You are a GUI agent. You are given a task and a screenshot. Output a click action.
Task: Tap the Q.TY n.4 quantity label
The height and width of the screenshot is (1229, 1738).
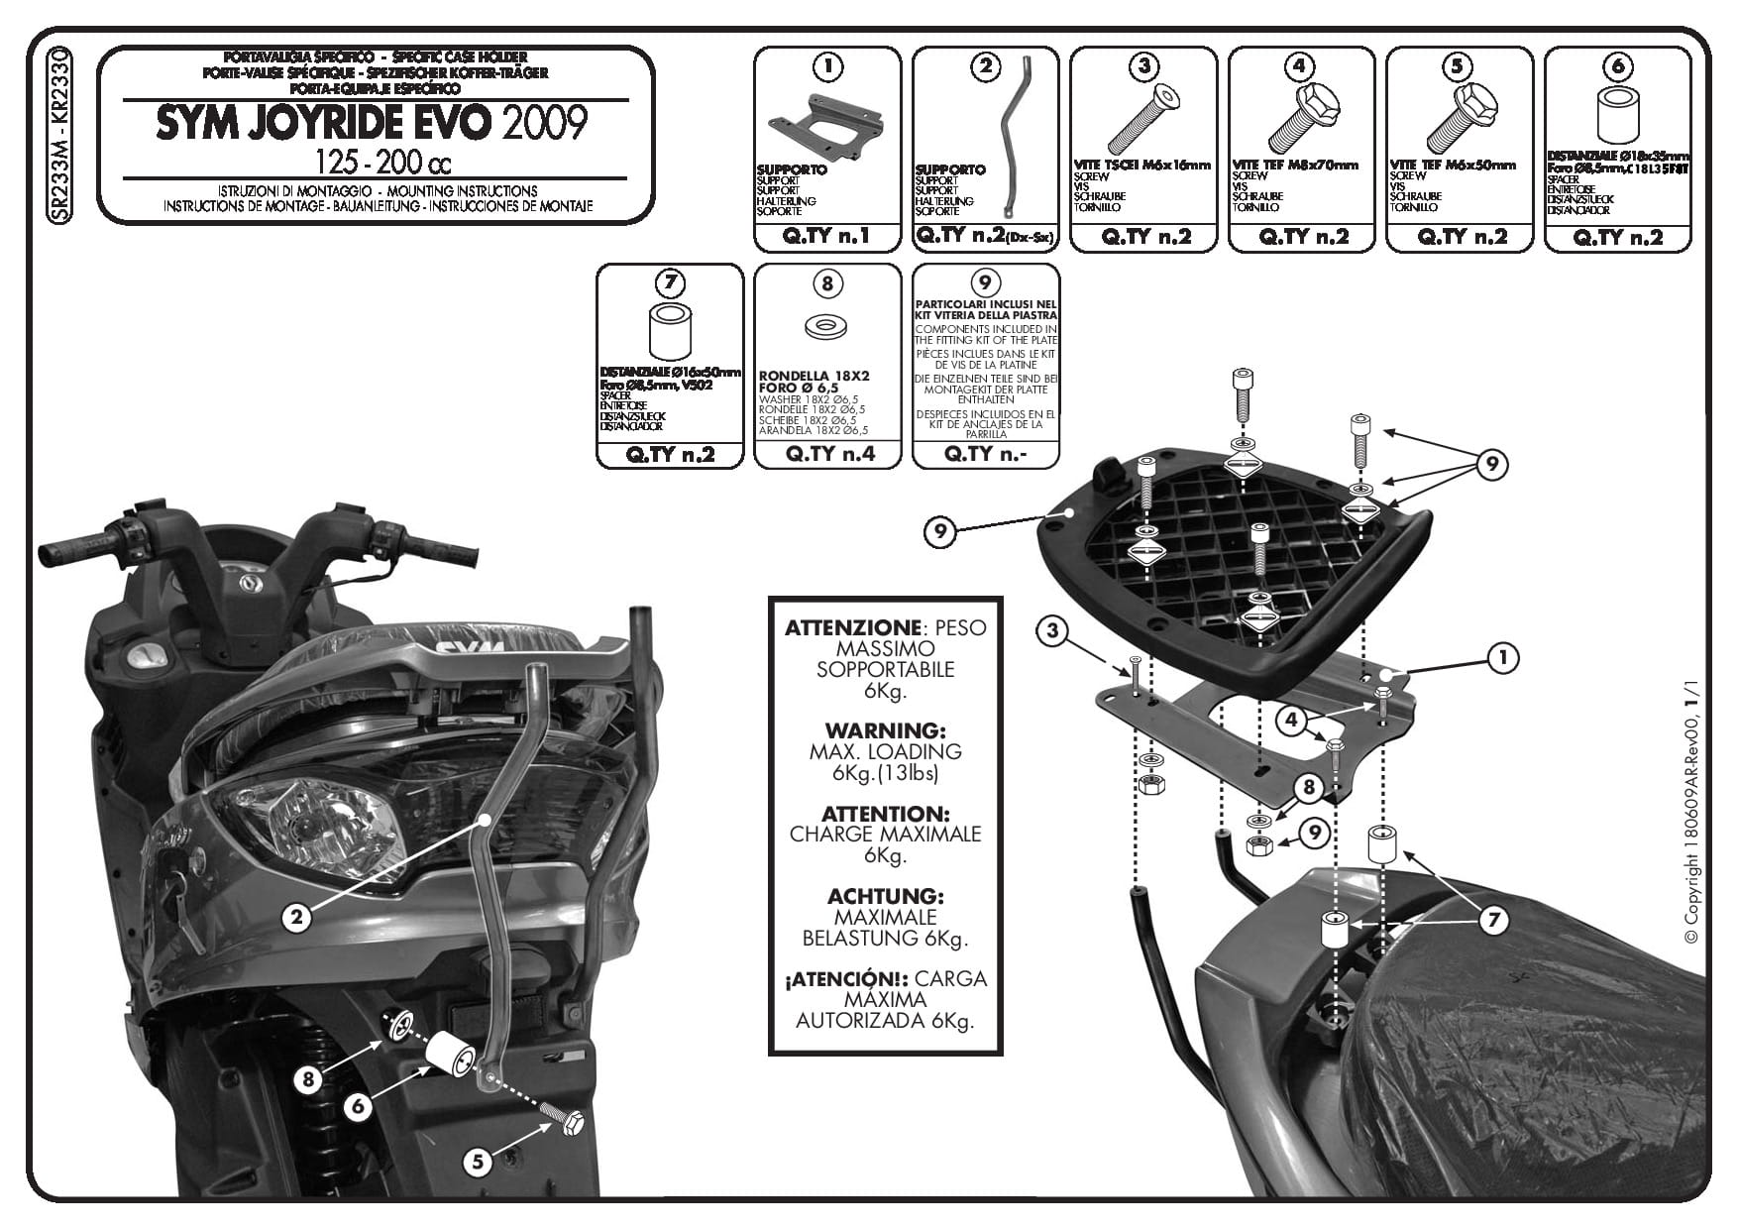point(826,454)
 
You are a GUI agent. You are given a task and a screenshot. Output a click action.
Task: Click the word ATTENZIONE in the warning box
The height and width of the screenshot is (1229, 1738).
point(851,627)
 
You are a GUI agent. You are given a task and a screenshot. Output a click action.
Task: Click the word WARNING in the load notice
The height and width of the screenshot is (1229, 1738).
point(885,730)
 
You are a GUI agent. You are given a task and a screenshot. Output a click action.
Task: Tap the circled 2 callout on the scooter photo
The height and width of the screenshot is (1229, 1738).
point(296,917)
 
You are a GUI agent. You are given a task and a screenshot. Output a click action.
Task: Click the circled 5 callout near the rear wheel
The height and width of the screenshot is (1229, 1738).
point(479,1161)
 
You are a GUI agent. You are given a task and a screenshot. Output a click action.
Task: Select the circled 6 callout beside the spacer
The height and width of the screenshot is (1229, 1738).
point(359,1106)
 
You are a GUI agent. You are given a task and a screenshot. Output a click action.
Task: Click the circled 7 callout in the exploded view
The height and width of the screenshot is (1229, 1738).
point(1492,921)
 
